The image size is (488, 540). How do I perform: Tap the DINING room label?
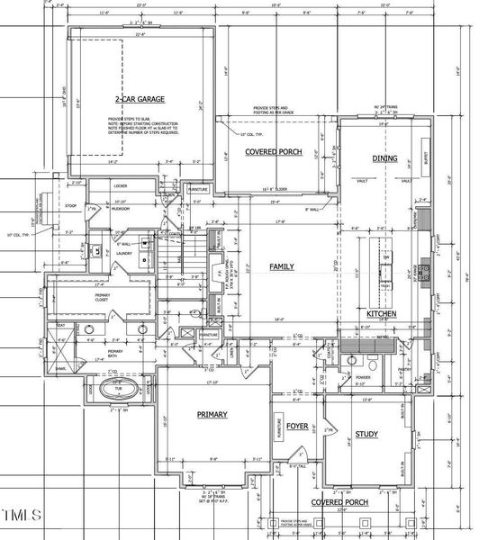point(384,158)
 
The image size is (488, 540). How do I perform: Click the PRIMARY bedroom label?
point(212,414)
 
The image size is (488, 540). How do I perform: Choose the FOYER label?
point(298,428)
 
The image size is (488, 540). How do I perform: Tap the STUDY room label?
point(366,435)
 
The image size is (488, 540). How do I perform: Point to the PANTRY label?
point(403,369)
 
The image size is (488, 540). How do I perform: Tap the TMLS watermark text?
point(22,516)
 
